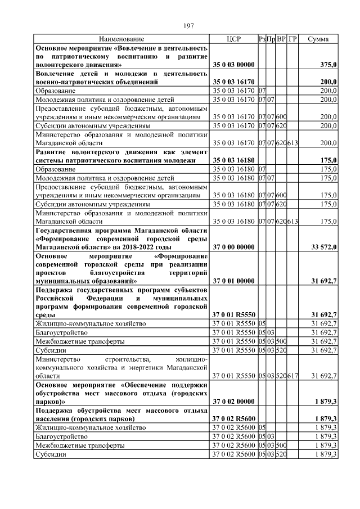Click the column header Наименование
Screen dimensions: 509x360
(121, 39)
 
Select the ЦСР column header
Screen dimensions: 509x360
(233, 39)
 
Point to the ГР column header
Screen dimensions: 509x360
(292, 39)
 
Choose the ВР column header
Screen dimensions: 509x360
(281, 39)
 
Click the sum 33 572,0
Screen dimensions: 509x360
(324, 247)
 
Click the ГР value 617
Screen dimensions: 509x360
(292, 375)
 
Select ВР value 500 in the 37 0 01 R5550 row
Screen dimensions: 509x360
(281, 341)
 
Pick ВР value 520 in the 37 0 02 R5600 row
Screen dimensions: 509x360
(281, 453)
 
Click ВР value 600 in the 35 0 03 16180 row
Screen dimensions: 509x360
(281, 195)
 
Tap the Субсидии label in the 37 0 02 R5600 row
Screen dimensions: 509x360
(51, 453)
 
